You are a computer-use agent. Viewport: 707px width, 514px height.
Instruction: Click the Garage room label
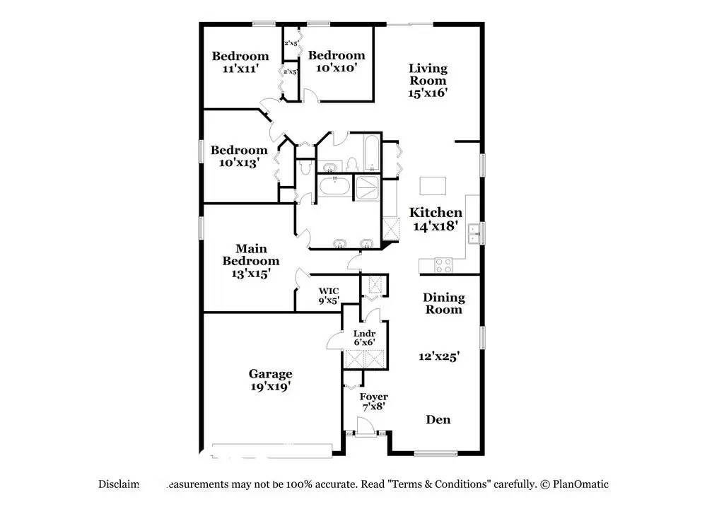point(270,374)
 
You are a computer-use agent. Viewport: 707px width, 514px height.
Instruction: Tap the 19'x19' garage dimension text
point(270,387)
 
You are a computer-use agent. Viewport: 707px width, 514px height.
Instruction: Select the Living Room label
point(428,74)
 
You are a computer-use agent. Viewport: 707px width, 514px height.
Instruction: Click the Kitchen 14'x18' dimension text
point(436,226)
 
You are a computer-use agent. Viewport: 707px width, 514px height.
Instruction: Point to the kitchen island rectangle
point(433,185)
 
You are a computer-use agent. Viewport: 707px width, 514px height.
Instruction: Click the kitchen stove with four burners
point(442,266)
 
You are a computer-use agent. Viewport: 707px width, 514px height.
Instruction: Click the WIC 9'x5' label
point(328,295)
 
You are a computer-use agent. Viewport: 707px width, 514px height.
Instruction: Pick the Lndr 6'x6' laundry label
point(364,337)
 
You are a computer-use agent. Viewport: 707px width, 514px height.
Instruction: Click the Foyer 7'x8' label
point(373,402)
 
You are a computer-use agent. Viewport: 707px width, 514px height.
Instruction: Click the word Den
point(438,419)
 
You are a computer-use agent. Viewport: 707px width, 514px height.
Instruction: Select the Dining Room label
point(444,303)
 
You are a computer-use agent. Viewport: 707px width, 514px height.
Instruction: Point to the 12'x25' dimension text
point(443,357)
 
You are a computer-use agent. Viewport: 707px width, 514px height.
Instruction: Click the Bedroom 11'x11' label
point(240,62)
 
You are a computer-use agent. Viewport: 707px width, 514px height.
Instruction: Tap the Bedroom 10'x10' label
point(337,62)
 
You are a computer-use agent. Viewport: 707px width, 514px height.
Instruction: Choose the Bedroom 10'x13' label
point(239,156)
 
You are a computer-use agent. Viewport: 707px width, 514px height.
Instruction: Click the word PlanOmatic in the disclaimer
point(580,484)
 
